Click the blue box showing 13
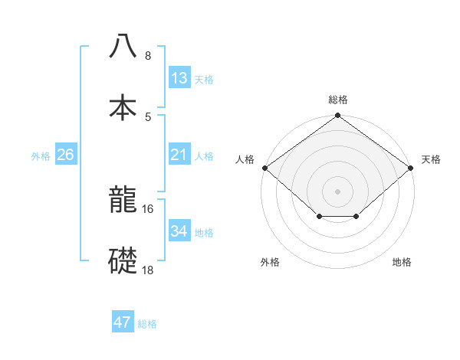179,78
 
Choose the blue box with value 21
179,155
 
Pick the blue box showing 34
179,231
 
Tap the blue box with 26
65,155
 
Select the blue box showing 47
123,322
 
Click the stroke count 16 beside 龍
148,208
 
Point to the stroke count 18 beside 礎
148,269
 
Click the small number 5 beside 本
148,116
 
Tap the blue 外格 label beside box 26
41,155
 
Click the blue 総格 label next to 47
147,324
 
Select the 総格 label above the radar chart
338,100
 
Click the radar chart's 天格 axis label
431,159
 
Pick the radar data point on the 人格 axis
264,168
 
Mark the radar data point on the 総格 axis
338,116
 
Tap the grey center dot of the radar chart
338,191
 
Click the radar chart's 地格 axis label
402,262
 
